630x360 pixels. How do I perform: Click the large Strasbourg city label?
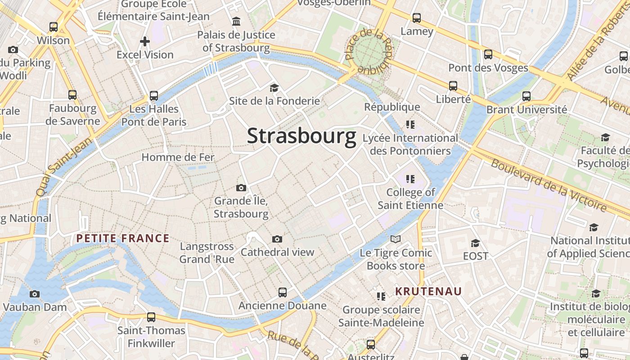pos(301,136)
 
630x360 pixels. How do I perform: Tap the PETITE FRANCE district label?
pos(123,238)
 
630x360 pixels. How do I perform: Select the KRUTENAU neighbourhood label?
pos(428,291)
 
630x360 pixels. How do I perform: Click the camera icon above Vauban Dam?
pos(34,294)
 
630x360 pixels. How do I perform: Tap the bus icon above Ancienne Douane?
pos(282,292)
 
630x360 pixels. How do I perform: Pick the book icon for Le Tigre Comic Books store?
pos(395,239)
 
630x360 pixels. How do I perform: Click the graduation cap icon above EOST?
pos(475,243)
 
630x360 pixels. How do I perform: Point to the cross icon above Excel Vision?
pos(144,42)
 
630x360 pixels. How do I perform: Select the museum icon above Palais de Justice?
pos(236,22)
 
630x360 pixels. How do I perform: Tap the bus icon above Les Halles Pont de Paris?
pos(154,96)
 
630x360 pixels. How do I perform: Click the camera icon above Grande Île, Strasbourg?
pos(241,188)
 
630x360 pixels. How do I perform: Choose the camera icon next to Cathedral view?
pos(277,239)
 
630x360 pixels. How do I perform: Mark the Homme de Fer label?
pos(178,157)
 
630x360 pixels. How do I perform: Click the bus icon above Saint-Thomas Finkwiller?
pos(151,317)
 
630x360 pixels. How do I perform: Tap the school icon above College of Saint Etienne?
pos(410,180)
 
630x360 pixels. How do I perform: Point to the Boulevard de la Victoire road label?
pos(549,185)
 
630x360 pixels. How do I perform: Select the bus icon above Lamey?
pos(417,18)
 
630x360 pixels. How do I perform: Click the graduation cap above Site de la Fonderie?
pos(274,88)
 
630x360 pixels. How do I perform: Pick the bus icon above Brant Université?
pos(526,96)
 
